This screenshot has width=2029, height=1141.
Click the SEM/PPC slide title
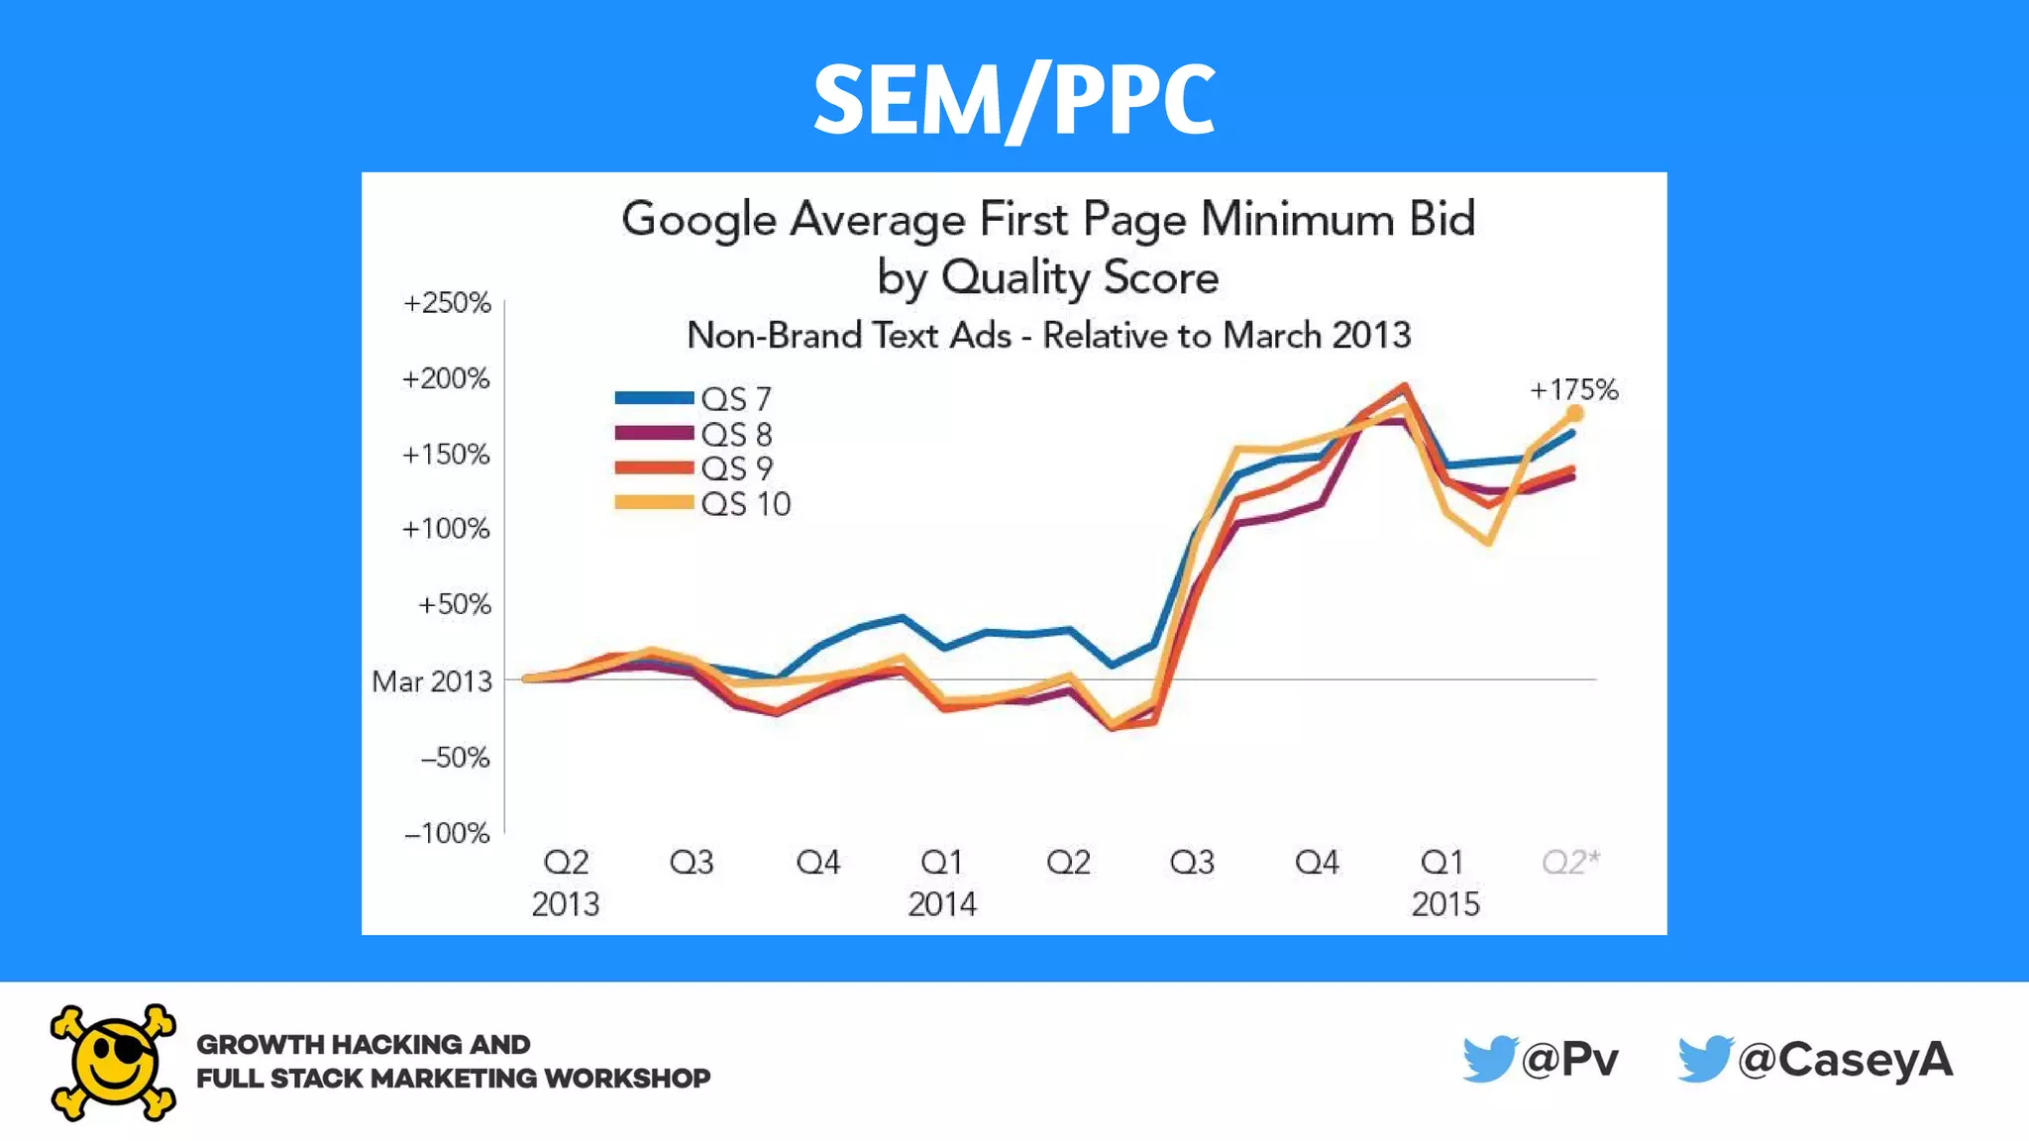(x=1014, y=99)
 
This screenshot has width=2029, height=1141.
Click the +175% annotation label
(x=1573, y=390)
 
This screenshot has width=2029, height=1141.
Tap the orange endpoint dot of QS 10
(x=1574, y=414)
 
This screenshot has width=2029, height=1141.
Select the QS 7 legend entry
(x=694, y=399)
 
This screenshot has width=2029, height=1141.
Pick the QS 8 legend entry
(x=694, y=434)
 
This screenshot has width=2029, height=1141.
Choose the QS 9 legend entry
(x=694, y=468)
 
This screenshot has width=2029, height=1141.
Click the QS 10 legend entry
(x=703, y=504)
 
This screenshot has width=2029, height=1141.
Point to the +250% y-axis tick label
(x=447, y=303)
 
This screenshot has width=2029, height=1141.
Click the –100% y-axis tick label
(x=447, y=833)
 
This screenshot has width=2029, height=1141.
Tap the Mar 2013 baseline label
(x=432, y=681)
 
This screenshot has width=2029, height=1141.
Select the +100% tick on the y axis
(x=446, y=529)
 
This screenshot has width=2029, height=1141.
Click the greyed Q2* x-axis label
(x=1570, y=862)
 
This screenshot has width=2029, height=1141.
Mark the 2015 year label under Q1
(x=1445, y=904)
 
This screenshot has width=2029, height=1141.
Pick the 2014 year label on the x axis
(x=942, y=904)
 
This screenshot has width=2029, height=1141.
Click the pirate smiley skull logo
(x=113, y=1063)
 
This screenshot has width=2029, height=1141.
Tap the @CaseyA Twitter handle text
(x=1845, y=1060)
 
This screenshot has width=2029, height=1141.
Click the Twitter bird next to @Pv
(x=1489, y=1059)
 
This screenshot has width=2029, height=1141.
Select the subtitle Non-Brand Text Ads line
(x=1048, y=336)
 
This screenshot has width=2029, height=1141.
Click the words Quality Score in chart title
(x=1079, y=277)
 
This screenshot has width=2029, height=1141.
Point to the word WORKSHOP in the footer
(x=626, y=1079)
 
